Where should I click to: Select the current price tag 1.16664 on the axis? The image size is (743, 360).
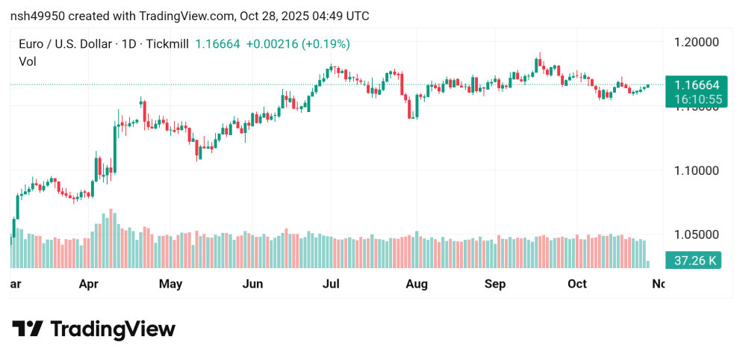[x=692, y=85]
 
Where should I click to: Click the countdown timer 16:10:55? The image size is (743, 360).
[x=692, y=99]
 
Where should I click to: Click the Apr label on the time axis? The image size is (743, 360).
[x=89, y=284]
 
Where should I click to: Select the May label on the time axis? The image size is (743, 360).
[x=171, y=284]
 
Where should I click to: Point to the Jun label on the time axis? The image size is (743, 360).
[x=253, y=284]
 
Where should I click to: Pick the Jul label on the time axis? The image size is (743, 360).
[x=331, y=284]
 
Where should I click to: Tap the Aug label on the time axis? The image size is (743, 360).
[x=416, y=284]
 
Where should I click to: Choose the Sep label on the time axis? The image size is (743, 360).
[x=495, y=284]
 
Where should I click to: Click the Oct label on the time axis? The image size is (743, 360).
[x=577, y=284]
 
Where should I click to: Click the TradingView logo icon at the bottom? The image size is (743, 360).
[x=28, y=329]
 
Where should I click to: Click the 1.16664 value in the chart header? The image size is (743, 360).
[x=217, y=44]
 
